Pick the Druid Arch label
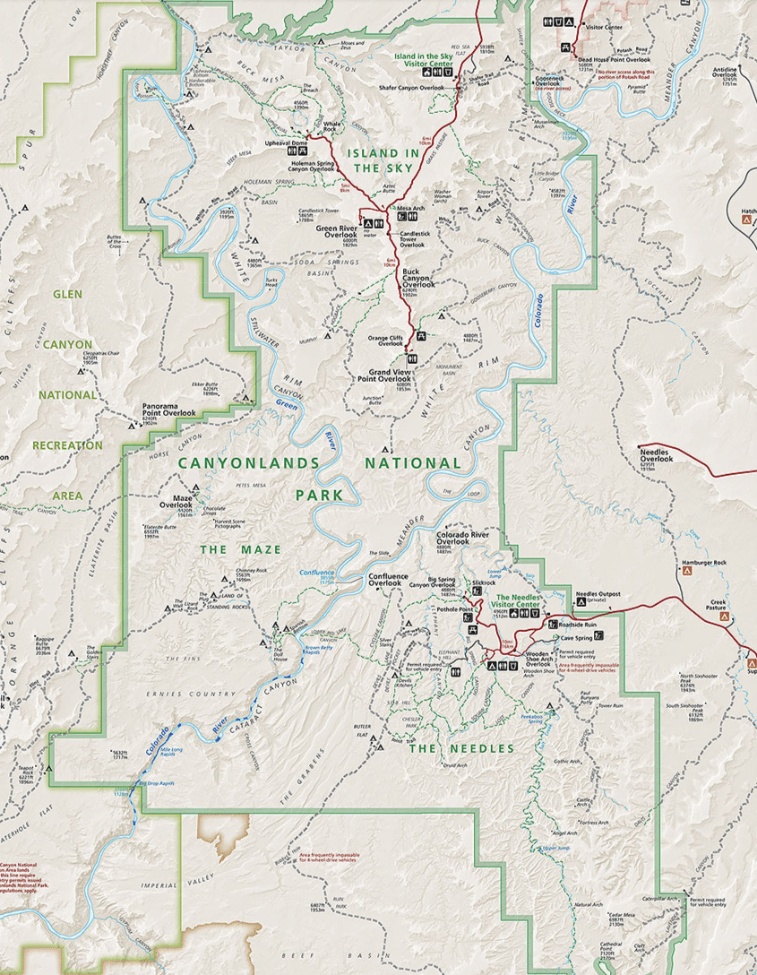(x=456, y=765)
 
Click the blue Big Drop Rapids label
(x=157, y=784)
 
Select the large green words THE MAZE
(x=240, y=549)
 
